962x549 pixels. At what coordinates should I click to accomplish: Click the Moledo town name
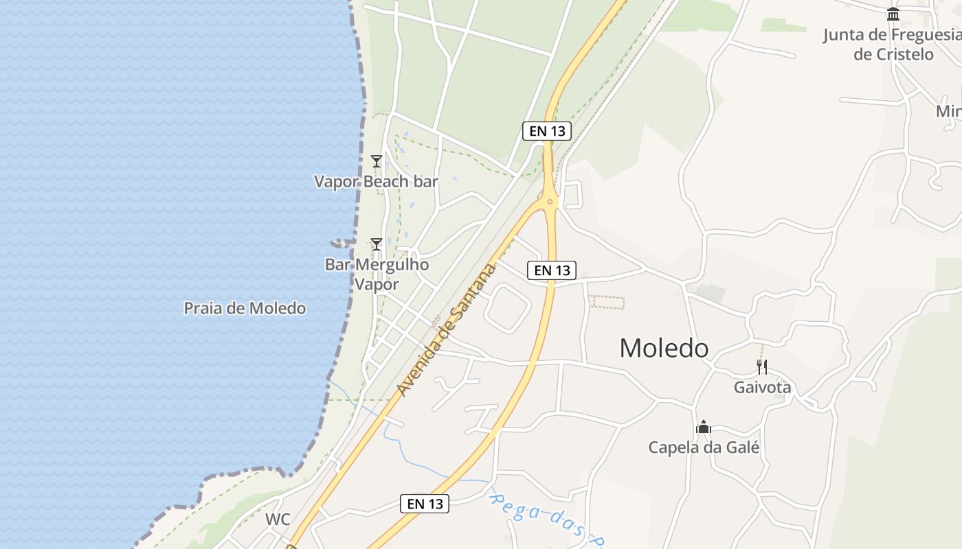(664, 348)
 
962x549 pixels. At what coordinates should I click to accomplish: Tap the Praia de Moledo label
(245, 308)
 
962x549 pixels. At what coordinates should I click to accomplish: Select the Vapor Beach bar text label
(376, 181)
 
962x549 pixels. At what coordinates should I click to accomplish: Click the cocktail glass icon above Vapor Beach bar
(376, 161)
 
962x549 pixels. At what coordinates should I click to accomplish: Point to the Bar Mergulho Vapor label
(377, 274)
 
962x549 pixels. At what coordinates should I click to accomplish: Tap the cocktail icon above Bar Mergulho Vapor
(376, 244)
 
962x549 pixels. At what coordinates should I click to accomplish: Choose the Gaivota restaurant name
(762, 387)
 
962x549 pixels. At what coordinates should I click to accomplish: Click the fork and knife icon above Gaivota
(761, 366)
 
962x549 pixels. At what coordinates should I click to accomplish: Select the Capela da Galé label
(704, 447)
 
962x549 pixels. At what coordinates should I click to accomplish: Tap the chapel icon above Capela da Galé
(703, 428)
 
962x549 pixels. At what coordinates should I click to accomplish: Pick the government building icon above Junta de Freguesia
(893, 14)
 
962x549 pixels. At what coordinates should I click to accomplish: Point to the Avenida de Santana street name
(447, 329)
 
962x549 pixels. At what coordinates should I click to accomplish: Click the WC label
(278, 519)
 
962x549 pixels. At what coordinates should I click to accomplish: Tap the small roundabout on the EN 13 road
(550, 201)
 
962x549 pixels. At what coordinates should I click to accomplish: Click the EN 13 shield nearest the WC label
(425, 504)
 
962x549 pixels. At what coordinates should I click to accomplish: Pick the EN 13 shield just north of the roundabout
(547, 130)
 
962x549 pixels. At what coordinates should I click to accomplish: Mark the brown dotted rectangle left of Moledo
(608, 303)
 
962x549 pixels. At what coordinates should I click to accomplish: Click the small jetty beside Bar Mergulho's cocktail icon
(342, 243)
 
